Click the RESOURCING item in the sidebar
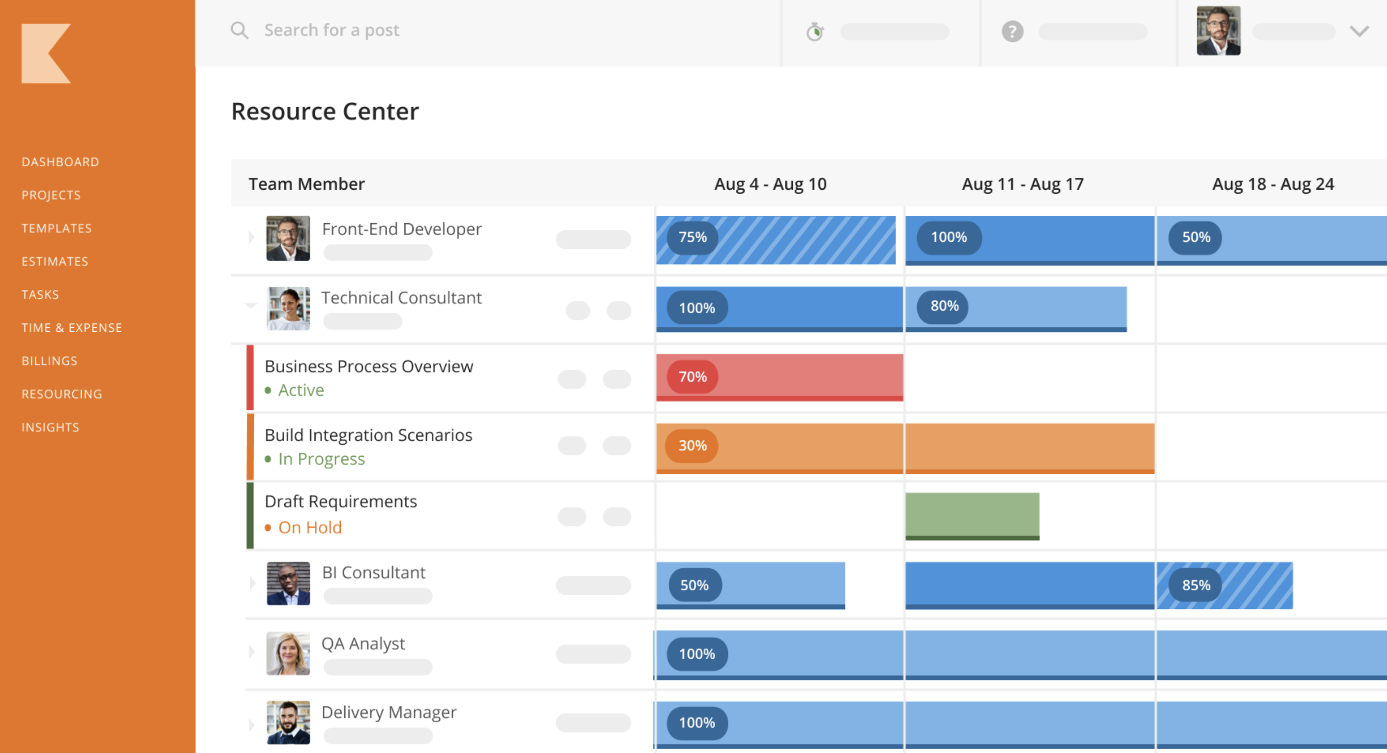coord(61,394)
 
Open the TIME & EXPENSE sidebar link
coord(72,328)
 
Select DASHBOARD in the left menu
coord(60,162)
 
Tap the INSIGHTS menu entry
coord(50,427)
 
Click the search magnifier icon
coord(239,30)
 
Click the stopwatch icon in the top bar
coord(814,32)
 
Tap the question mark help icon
coord(1012,32)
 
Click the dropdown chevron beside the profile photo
coord(1358,32)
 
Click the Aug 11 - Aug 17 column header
coord(1022,184)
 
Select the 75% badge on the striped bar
coord(693,237)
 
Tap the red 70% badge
coord(693,377)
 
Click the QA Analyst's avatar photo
coord(288,653)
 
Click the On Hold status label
coord(309,527)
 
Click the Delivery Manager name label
coord(389,713)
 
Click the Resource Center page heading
coord(325,112)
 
